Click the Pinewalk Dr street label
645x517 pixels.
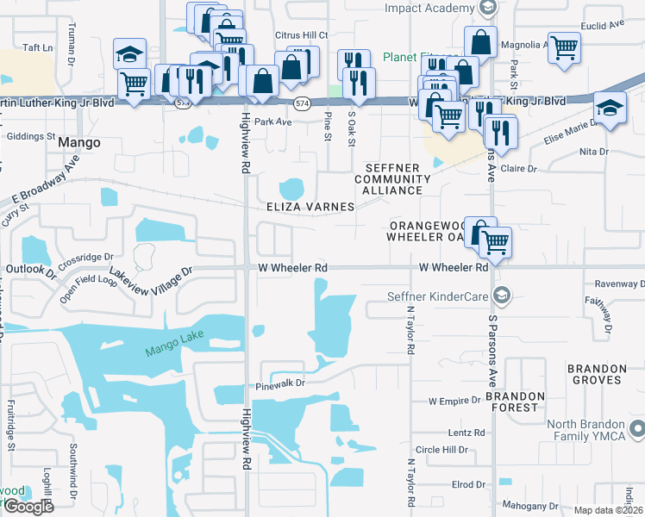tap(281, 387)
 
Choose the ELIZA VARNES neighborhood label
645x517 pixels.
tap(311, 207)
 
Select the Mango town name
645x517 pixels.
tap(78, 142)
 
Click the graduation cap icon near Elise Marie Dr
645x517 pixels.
tap(610, 109)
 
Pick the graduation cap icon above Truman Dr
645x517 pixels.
tap(130, 54)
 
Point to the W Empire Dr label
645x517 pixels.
tap(454, 401)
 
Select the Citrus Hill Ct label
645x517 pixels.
tap(301, 34)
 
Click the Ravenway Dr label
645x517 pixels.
tap(619, 283)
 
